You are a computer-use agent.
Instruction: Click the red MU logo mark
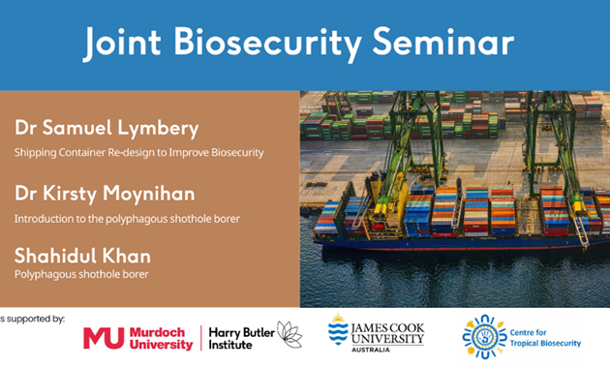click(x=104, y=337)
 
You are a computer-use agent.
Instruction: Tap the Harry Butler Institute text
click(x=242, y=337)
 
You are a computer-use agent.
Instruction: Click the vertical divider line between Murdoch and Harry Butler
click(x=200, y=337)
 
